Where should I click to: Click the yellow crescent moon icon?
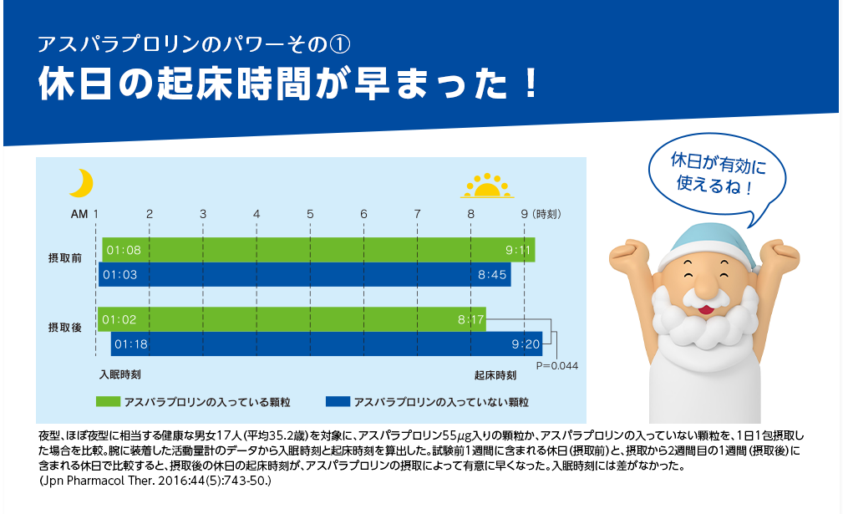click(x=82, y=183)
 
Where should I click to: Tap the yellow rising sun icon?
click(x=487, y=186)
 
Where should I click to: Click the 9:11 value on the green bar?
click(x=518, y=250)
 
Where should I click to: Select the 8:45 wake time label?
click(x=492, y=275)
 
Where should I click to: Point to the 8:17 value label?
click(x=471, y=320)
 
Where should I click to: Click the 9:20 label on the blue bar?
click(x=526, y=344)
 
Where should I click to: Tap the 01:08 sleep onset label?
click(x=124, y=250)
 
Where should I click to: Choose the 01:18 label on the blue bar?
click(x=131, y=344)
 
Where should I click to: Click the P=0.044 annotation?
click(x=557, y=365)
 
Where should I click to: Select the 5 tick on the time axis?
click(x=310, y=214)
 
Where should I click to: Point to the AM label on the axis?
click(x=79, y=214)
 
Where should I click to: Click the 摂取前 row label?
click(x=65, y=258)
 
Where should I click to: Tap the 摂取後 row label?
click(x=65, y=328)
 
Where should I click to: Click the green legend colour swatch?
click(x=108, y=402)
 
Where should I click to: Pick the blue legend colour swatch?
click(x=338, y=402)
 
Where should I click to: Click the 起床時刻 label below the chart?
click(x=495, y=375)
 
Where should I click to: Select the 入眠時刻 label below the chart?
click(x=119, y=374)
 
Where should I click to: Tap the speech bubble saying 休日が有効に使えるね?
click(x=717, y=175)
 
